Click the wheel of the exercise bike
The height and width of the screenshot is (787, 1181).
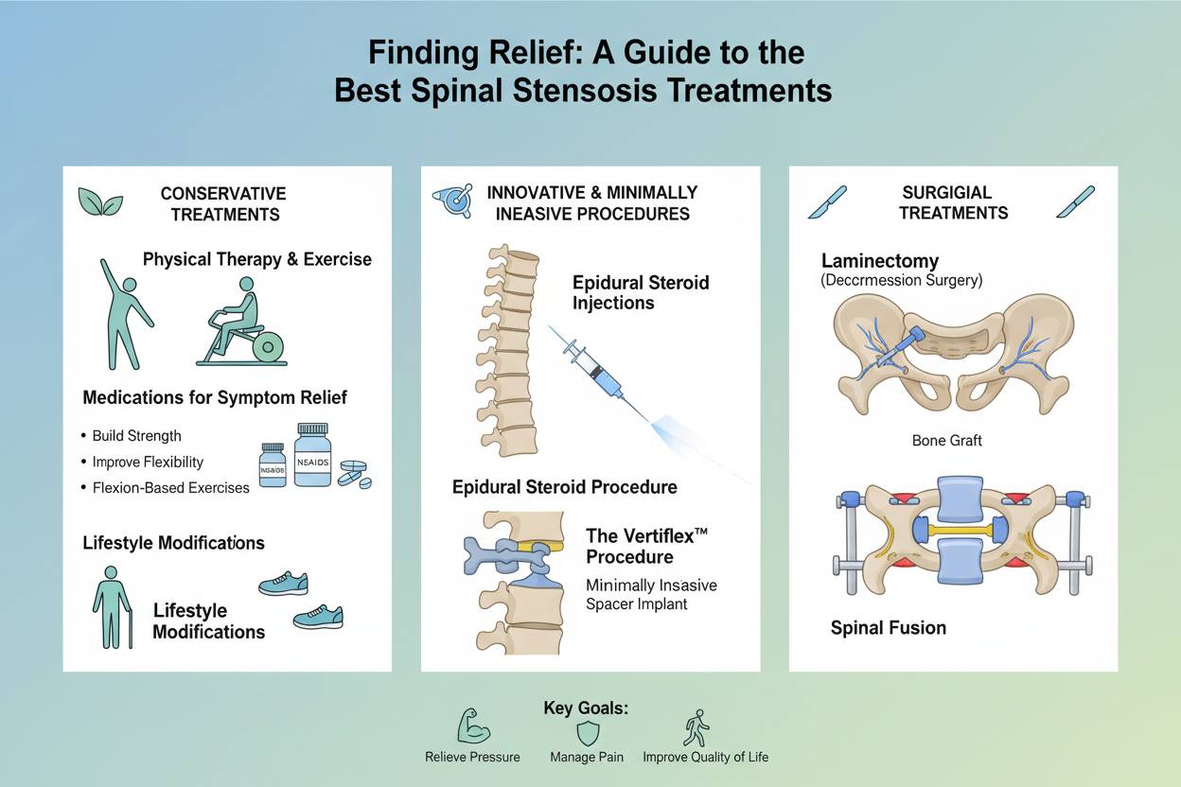click(270, 347)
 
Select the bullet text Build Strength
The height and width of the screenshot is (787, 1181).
click(136, 436)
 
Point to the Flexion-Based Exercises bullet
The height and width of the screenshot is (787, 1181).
click(170, 488)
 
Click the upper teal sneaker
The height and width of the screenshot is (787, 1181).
click(283, 583)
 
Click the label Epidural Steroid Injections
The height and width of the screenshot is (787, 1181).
click(641, 292)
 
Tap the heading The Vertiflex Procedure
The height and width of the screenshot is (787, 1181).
click(647, 545)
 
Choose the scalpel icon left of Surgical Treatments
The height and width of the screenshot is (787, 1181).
click(827, 201)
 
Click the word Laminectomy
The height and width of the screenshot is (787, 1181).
click(879, 260)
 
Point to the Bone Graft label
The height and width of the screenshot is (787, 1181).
click(947, 441)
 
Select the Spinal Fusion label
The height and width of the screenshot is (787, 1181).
click(888, 627)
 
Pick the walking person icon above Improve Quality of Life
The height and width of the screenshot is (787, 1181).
click(698, 728)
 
